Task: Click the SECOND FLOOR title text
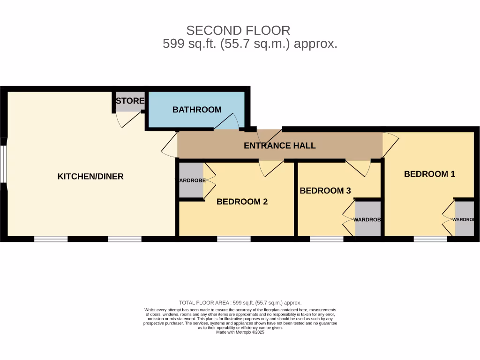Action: pos(238,30)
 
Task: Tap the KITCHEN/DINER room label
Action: pos(90,177)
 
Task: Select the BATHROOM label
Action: pos(197,110)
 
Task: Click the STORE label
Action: pos(130,101)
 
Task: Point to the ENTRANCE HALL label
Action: pos(279,146)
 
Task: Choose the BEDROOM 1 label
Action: pos(429,174)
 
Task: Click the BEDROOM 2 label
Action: pos(242,202)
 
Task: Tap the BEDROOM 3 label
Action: pos(325,191)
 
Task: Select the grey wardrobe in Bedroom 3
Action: pos(367,219)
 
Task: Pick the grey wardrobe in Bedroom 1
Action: pos(464,219)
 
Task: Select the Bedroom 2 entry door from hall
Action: pos(271,168)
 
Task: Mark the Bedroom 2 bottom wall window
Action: pos(233,239)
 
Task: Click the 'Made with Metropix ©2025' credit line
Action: pos(240,332)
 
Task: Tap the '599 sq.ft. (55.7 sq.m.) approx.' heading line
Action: pos(250,44)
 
